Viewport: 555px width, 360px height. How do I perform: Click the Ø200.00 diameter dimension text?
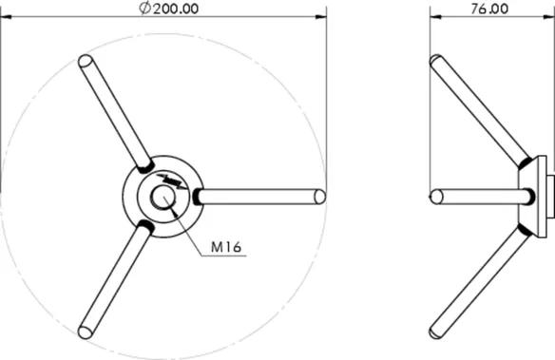pyautogui.click(x=168, y=9)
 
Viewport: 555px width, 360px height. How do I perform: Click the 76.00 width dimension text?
pyautogui.click(x=489, y=9)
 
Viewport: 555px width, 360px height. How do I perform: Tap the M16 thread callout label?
pyautogui.click(x=226, y=246)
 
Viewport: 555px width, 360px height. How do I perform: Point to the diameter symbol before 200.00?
pyautogui.click(x=144, y=9)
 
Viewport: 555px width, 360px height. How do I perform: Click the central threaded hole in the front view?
pyautogui.click(x=163, y=197)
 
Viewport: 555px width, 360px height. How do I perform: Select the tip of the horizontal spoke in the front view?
pyautogui.click(x=320, y=197)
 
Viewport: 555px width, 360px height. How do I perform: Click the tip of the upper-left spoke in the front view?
pyautogui.click(x=86, y=61)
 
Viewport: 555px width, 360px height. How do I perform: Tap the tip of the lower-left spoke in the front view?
pyautogui.click(x=85, y=332)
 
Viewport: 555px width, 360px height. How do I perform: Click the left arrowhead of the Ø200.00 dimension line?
pyautogui.click(x=7, y=16)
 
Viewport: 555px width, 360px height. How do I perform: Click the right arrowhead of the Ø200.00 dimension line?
pyautogui.click(x=320, y=16)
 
